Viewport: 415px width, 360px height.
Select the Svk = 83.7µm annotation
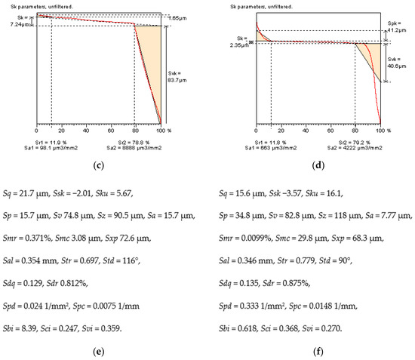[176, 74]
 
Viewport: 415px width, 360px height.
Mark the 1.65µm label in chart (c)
[176, 16]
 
